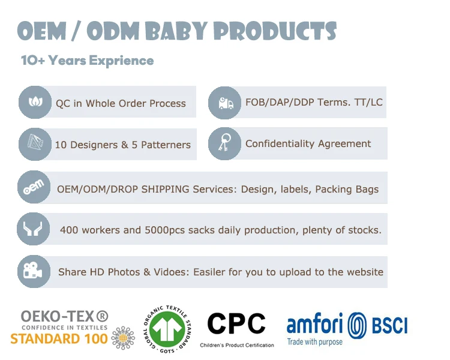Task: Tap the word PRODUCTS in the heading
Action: (276, 31)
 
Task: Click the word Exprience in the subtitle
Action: (121, 61)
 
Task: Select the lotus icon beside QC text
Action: (35, 102)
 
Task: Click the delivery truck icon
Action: (225, 103)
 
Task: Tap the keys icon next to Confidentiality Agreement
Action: (225, 143)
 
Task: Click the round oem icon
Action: (34, 187)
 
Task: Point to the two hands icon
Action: (33, 229)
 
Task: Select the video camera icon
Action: (34, 271)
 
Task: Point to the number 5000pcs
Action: (165, 230)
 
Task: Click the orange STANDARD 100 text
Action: (59, 339)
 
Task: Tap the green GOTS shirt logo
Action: (167, 329)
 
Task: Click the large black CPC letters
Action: (236, 323)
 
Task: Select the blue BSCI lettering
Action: (390, 325)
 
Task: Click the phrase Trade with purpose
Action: (315, 342)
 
